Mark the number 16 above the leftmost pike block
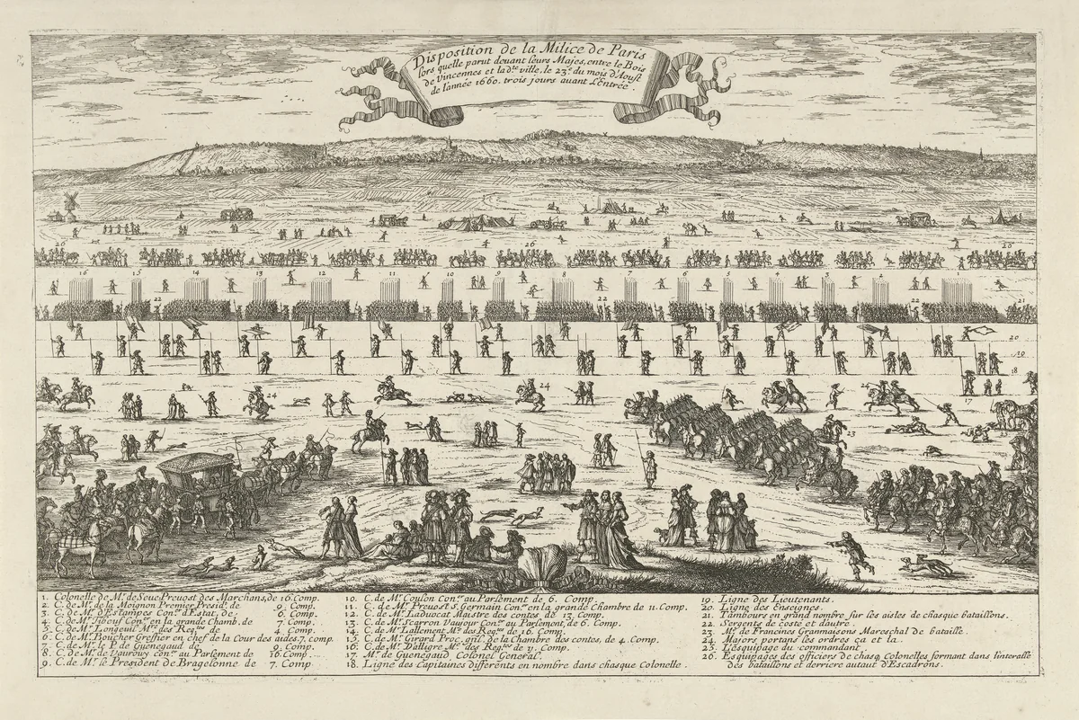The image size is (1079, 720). pyautogui.click(x=82, y=271)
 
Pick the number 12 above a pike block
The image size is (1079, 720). pyautogui.click(x=321, y=271)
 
